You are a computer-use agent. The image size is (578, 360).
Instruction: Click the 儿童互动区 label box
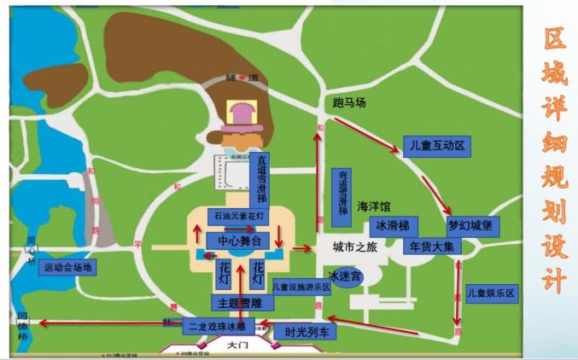[x=436, y=146]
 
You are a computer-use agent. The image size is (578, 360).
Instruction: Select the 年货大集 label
[x=433, y=246]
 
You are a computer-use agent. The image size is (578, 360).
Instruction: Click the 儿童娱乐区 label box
[x=493, y=293]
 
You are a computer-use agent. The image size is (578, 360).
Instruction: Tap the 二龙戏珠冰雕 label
[x=216, y=325]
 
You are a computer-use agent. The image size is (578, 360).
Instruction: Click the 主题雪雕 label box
[x=238, y=303]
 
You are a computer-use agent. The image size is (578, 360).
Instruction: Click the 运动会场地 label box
[x=67, y=268]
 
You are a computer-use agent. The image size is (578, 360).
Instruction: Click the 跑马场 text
[x=348, y=103]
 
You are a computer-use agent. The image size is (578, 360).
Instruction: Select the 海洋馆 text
[x=373, y=206]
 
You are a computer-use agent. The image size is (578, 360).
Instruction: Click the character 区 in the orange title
[x=556, y=38]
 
